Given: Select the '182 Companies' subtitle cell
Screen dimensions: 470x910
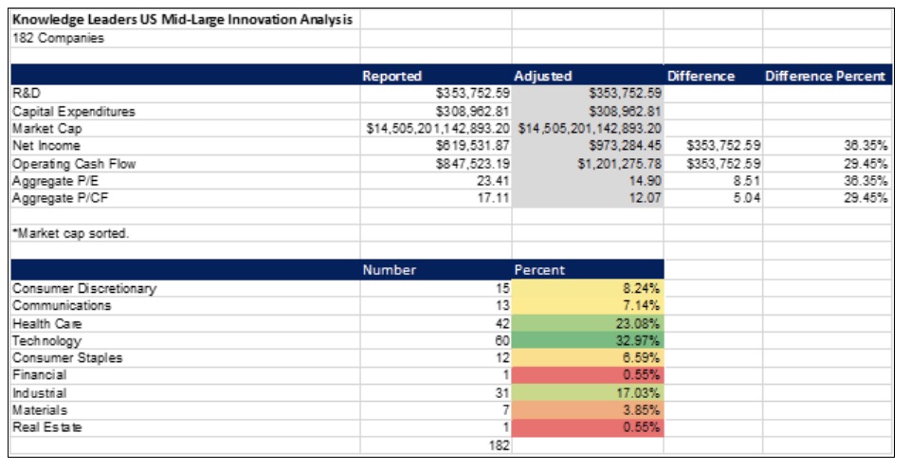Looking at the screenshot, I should coord(58,38).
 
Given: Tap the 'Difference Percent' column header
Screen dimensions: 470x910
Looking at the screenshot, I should coord(825,76).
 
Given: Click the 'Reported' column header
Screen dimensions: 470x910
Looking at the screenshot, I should coord(392,76).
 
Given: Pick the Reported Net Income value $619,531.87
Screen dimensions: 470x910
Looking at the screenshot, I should coord(473,146).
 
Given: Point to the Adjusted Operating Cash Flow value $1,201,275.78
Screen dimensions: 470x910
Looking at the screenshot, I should coord(617,164).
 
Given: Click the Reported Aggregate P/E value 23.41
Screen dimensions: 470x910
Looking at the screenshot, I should coord(494,181).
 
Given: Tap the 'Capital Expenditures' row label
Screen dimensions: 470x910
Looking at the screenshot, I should coord(74,111).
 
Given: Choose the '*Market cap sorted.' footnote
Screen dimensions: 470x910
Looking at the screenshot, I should coord(70,233).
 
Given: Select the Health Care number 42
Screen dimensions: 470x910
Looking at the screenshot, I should coord(501,323).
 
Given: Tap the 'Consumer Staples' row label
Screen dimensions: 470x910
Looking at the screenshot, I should coord(66,358).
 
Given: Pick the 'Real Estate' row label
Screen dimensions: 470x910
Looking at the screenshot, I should coord(47,427).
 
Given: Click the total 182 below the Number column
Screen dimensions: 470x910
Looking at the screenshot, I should coord(498,445).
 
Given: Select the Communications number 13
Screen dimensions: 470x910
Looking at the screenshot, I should coord(501,305).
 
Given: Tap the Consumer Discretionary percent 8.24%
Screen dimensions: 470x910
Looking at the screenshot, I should coord(642,288).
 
